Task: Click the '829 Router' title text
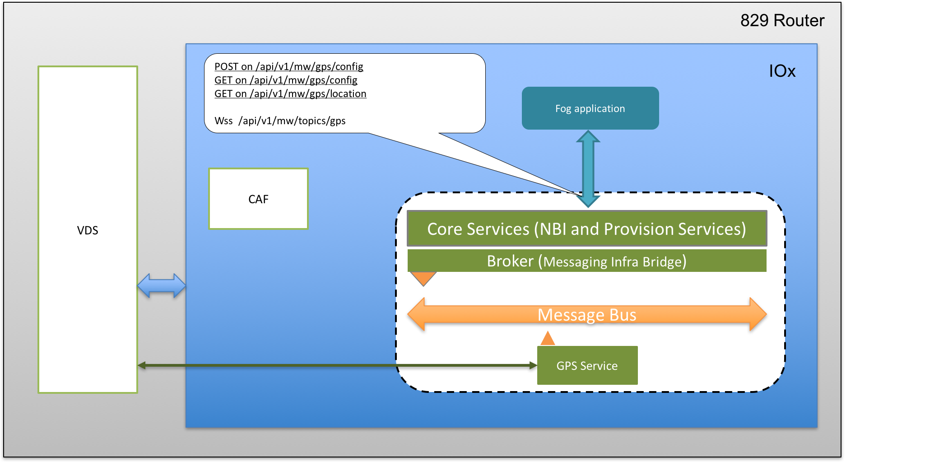(782, 21)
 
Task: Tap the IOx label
(782, 71)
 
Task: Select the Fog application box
(590, 108)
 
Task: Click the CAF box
(258, 199)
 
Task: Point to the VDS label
(88, 230)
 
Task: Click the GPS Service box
(587, 365)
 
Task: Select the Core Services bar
(586, 229)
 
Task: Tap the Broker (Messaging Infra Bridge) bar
(586, 261)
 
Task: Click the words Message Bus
(586, 315)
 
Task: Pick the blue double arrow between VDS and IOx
(161, 285)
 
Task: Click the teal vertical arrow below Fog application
(588, 168)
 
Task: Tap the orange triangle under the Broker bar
(423, 278)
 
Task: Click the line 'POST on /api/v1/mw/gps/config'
(288, 67)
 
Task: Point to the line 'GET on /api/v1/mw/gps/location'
(290, 94)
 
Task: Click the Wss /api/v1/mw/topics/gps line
(280, 121)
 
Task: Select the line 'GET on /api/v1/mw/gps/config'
(286, 80)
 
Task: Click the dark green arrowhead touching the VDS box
(142, 365)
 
